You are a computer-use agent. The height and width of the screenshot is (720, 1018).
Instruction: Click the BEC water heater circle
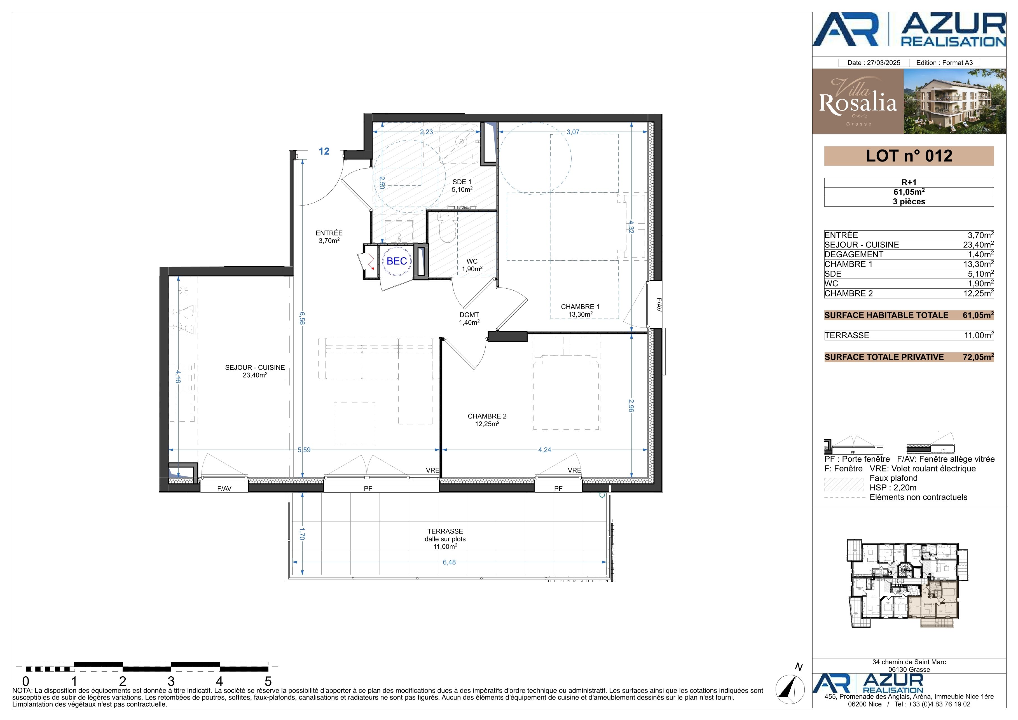coord(397,261)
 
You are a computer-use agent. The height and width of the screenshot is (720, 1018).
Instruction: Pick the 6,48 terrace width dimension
coord(449,562)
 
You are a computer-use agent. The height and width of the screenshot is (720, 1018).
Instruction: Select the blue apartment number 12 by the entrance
coord(324,151)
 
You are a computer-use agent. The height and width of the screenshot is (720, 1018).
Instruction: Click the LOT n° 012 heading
coord(909,156)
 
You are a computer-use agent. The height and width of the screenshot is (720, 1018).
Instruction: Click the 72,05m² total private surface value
coord(978,357)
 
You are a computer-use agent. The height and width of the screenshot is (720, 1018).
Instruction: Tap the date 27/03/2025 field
coord(874,63)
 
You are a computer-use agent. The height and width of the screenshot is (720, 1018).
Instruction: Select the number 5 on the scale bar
coord(268,681)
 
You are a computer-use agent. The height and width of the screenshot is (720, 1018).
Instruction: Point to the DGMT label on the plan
coord(469,315)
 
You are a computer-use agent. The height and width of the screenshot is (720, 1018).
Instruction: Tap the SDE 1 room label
coord(462,182)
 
